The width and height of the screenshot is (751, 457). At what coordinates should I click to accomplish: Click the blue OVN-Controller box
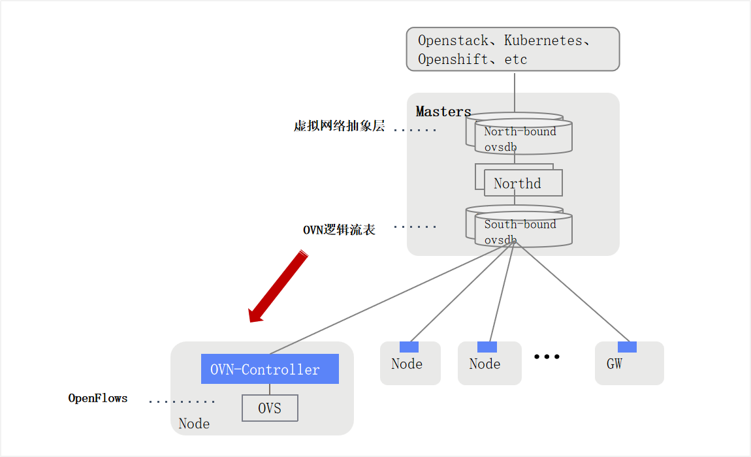270,369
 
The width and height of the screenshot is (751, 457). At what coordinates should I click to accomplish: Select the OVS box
270,408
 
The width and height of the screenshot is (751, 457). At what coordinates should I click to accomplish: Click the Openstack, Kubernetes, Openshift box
513,49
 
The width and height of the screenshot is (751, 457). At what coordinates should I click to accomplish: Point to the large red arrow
278,287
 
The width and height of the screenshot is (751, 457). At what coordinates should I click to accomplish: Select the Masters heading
443,112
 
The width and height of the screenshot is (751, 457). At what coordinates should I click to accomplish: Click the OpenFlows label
98,398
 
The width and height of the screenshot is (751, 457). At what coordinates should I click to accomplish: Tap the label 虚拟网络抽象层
339,127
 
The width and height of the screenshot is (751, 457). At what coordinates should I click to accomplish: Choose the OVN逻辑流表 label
339,230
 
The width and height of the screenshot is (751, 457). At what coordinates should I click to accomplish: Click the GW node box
629,364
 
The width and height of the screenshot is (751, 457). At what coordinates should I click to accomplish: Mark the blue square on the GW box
627,347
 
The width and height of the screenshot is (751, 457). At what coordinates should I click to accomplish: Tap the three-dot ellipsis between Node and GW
547,356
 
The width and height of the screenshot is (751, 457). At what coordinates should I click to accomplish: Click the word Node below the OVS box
194,424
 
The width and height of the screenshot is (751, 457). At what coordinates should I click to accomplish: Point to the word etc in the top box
515,59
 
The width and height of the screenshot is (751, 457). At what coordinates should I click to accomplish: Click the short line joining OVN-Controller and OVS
270,389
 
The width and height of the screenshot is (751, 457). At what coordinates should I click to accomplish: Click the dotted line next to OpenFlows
182,402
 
